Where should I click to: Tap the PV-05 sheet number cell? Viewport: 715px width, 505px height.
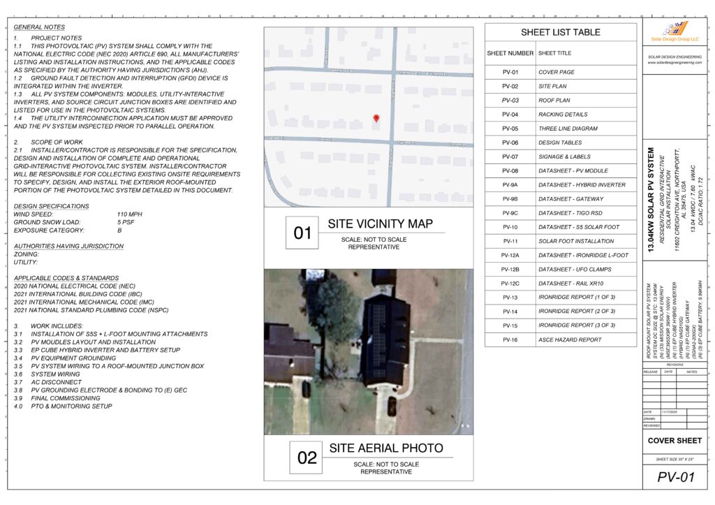(x=510, y=129)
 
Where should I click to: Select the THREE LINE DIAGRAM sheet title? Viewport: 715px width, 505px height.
(x=568, y=129)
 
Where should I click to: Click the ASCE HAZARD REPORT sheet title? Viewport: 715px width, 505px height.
(x=570, y=339)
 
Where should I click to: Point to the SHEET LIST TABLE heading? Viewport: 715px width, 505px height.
(x=560, y=33)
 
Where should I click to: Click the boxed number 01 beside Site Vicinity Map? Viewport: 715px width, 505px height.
(x=302, y=233)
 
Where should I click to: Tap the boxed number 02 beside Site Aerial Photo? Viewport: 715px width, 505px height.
(x=307, y=458)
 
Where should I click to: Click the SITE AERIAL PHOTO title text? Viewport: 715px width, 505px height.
(x=386, y=448)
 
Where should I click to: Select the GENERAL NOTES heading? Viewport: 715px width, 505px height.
(x=39, y=27)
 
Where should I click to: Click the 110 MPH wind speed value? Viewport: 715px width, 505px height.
(x=131, y=214)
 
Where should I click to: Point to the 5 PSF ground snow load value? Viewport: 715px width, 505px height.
(x=126, y=222)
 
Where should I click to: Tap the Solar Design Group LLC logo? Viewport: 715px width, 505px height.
(x=675, y=31)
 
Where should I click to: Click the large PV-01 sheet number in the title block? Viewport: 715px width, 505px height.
(x=676, y=478)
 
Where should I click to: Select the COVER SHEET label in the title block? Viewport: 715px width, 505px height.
(x=675, y=441)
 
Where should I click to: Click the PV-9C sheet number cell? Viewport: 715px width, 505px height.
(x=510, y=213)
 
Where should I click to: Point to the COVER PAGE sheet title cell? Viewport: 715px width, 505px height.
(x=556, y=72)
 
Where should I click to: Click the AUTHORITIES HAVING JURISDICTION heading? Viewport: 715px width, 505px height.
(x=68, y=247)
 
